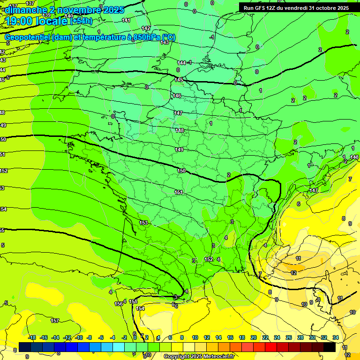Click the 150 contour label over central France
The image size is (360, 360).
[182, 171]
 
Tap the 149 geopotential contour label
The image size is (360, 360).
[179, 150]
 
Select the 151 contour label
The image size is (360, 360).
[179, 192]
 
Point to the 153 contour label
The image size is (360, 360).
[143, 223]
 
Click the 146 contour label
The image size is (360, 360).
[177, 96]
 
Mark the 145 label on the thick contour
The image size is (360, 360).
[179, 80]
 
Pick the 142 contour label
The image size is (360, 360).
[146, 28]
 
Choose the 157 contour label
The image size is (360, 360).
[55, 321]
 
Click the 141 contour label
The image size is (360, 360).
[126, 20]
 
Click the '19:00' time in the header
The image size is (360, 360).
[19, 21]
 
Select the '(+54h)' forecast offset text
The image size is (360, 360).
[82, 21]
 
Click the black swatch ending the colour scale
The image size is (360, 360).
[330, 347]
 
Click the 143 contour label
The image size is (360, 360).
[165, 42]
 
